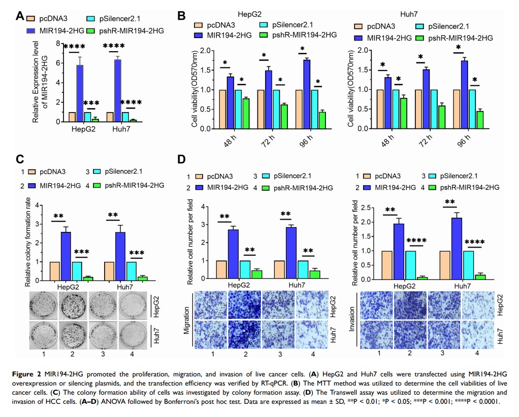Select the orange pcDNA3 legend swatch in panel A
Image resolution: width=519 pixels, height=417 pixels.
30,19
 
